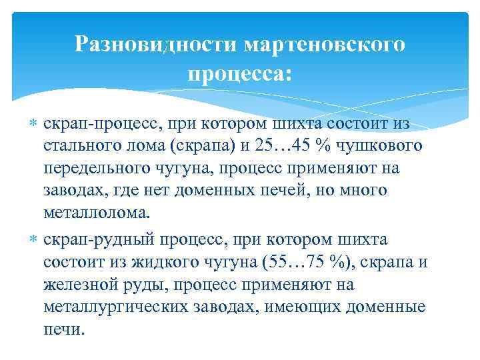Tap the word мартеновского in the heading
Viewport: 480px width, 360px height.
(324, 45)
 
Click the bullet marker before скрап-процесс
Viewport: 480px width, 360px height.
(34, 124)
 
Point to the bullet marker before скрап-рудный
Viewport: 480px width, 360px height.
(34, 239)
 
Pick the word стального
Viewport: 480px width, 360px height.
(79, 145)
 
